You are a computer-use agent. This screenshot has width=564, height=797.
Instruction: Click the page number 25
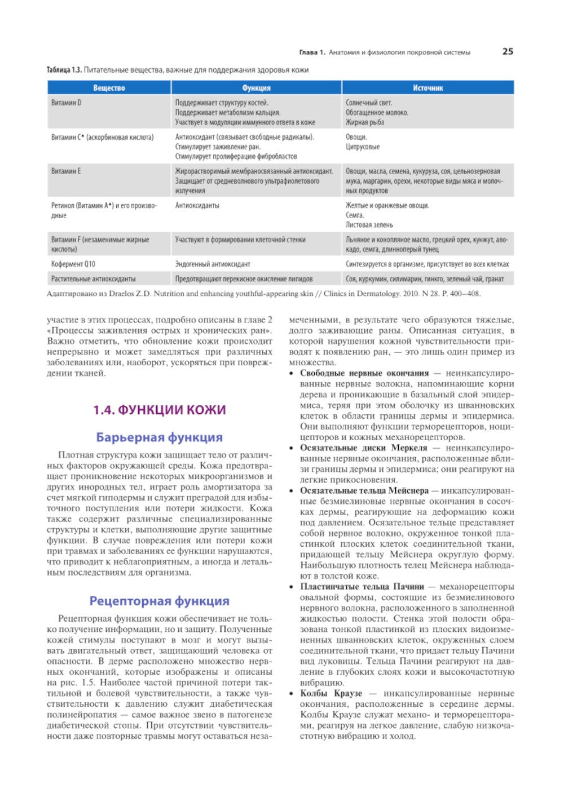507,51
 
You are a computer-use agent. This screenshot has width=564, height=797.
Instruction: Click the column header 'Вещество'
109,88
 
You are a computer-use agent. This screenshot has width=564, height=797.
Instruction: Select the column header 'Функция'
256,88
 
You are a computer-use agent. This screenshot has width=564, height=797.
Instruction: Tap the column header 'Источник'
428,88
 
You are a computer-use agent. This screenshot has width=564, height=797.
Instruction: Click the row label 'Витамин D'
67,103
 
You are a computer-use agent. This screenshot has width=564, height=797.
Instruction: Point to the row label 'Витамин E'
66,171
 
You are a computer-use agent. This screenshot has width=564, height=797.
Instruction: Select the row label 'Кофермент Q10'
74,264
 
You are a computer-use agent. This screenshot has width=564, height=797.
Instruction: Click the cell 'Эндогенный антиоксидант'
213,264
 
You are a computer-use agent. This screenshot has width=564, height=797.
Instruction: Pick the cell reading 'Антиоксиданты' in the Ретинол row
197,206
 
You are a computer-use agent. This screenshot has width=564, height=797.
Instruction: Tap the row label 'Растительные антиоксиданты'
94,278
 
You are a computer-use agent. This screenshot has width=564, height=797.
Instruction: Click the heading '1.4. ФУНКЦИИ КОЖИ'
159,410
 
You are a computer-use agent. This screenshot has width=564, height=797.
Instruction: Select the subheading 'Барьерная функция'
159,437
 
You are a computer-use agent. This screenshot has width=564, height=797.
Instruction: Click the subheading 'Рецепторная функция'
159,601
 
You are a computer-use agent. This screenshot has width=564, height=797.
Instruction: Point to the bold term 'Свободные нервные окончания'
364,373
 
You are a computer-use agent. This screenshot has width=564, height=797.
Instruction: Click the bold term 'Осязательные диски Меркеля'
363,448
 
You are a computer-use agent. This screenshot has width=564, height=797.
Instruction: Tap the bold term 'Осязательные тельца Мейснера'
364,490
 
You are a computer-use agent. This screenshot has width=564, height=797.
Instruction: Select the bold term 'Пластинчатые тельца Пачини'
362,586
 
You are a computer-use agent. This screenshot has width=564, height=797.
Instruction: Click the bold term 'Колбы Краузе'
331,693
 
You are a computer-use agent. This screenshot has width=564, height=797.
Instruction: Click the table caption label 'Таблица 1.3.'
64,70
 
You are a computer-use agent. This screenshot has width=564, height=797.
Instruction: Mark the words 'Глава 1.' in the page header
312,52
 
